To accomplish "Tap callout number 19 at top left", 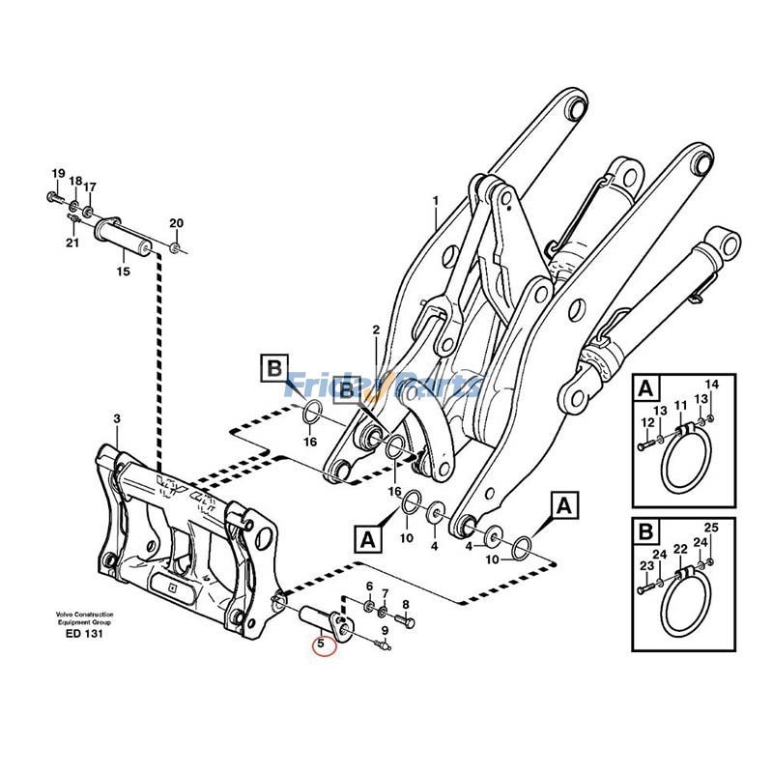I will (57, 175).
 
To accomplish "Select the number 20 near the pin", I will (175, 223).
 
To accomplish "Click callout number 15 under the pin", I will (123, 272).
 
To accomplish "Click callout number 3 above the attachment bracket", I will (117, 419).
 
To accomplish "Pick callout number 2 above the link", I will (376, 330).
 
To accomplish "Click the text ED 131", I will (85, 634).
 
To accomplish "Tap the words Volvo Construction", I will (84, 615).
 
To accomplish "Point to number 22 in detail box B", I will (679, 549).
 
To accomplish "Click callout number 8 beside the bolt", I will (406, 606).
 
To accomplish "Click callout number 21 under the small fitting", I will (72, 243).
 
